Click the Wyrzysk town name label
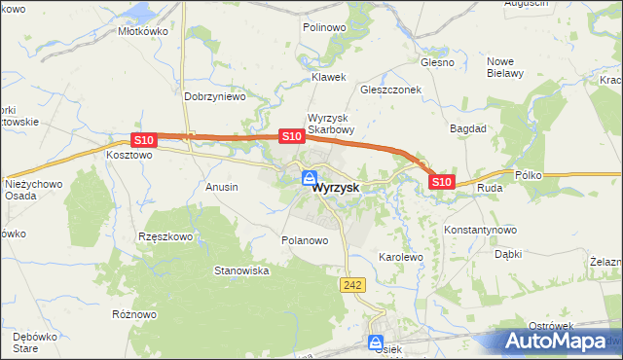point(336,191)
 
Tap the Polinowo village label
point(324,28)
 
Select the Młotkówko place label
point(143,31)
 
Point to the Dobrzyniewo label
point(214,97)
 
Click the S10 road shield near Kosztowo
point(142,141)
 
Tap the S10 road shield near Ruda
point(441,182)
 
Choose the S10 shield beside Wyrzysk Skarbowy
point(290,137)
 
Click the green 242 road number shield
point(352,284)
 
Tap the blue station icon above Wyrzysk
point(309,178)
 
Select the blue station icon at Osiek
point(376,342)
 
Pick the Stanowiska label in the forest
point(241,270)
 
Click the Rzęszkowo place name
point(166,236)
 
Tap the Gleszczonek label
point(389,89)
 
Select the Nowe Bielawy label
point(505,66)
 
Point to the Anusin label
point(222,186)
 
